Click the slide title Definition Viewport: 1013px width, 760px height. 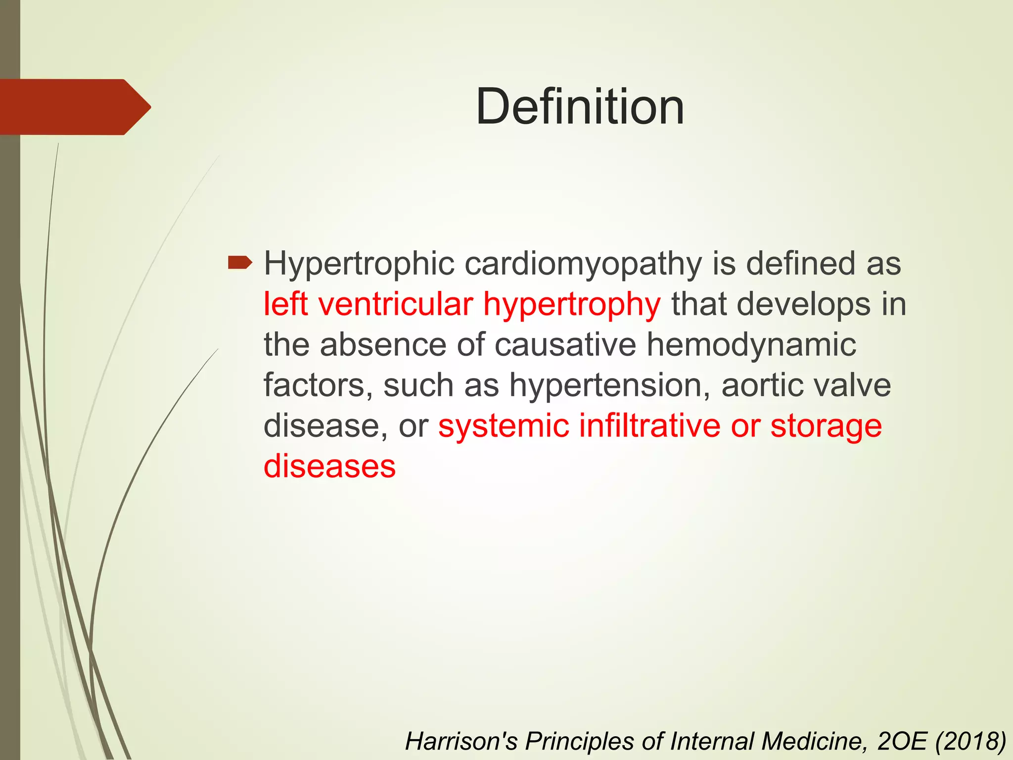point(580,107)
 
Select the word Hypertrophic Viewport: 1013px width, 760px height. point(359,264)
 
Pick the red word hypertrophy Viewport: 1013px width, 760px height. point(571,305)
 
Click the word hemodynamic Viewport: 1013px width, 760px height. point(751,344)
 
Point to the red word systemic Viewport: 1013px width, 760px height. point(503,426)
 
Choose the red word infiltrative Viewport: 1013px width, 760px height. point(649,426)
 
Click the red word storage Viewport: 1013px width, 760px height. point(826,427)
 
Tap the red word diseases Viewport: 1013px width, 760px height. point(329,466)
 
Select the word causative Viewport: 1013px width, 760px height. point(565,344)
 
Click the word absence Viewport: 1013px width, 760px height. point(383,344)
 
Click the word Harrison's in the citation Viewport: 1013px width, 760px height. point(461,741)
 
